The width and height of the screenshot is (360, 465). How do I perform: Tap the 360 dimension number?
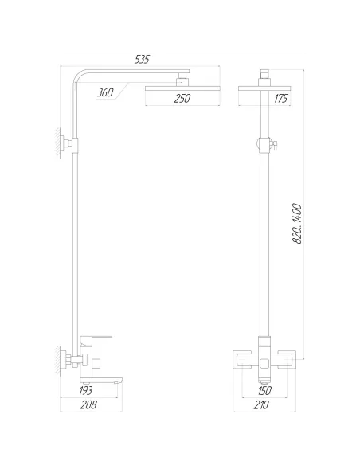tap(104, 92)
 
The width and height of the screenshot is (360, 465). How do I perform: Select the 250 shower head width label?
tap(182, 100)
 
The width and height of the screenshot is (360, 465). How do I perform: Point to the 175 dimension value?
tap(280, 100)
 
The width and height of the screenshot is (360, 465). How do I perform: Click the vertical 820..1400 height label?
tap(297, 225)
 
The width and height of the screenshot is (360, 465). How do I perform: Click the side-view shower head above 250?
tap(182, 85)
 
